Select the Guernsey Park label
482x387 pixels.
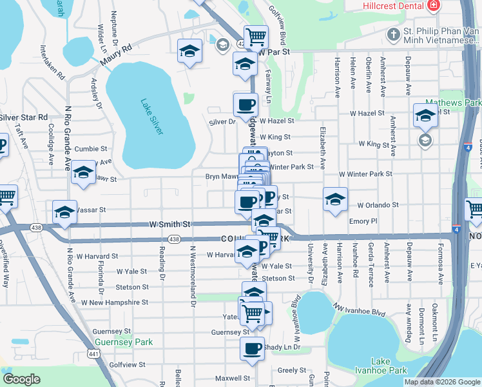124,342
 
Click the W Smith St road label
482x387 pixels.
169,224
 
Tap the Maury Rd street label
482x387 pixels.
116,55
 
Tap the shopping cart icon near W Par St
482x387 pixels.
256,36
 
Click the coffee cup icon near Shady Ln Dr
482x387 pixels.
252,348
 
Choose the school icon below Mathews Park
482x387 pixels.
425,140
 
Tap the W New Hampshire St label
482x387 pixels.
114,302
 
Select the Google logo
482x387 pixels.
21,379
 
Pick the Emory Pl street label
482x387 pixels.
362,221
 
